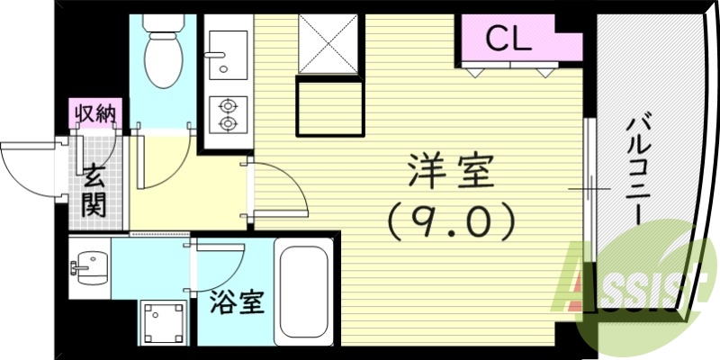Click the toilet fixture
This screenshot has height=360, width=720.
click(163, 49)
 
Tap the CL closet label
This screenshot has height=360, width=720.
click(508, 38)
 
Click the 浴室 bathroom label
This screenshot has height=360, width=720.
click(238, 303)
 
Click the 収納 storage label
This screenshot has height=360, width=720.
click(94, 114)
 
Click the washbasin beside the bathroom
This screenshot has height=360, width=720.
click(89, 267)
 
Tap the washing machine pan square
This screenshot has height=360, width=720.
click(163, 320)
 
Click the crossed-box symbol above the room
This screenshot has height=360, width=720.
click(328, 43)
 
